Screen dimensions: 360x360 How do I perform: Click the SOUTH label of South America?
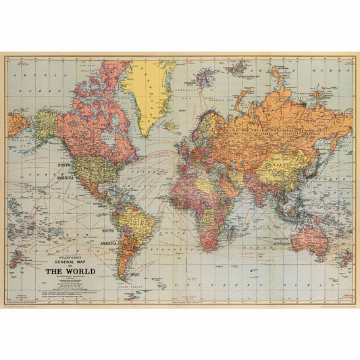(x=109, y=234)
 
